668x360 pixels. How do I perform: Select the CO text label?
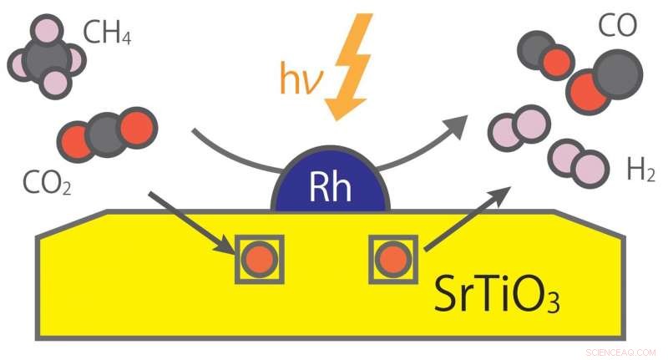click(617, 27)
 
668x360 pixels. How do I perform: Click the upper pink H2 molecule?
click(519, 129)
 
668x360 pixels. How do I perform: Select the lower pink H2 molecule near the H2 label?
click(575, 162)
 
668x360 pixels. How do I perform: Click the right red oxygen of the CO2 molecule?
click(138, 127)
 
